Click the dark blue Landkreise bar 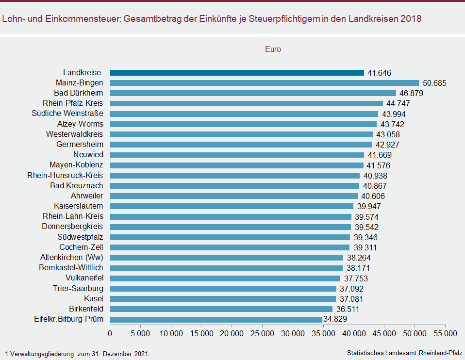[x=237, y=73]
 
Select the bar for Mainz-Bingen [x=264, y=83]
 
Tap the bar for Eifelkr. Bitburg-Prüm [x=216, y=319]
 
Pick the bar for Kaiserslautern [x=232, y=206]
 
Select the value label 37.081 [x=351, y=299]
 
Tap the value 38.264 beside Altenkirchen [x=358, y=258]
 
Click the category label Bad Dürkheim [x=78, y=93]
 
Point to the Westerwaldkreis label [x=74, y=134]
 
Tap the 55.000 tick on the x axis [x=445, y=334]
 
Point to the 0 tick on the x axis [x=110, y=334]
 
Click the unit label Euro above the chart [x=273, y=49]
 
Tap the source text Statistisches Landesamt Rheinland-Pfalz [x=405, y=353]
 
